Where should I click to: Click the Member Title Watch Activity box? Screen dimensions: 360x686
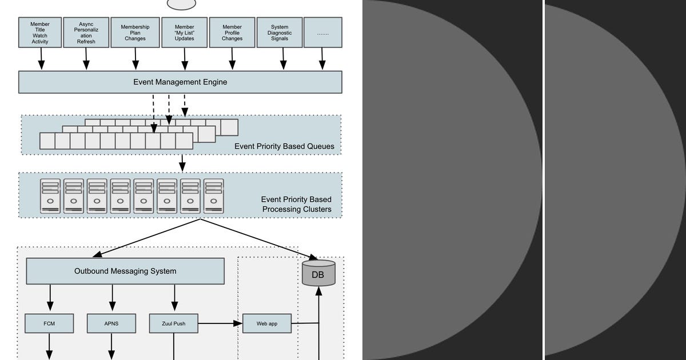coord(40,33)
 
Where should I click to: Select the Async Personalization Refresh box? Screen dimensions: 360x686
coord(86,33)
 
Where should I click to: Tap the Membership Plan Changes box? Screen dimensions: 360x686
coord(135,33)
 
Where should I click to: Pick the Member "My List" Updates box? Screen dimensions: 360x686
coord(184,33)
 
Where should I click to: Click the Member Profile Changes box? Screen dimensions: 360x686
coord(232,33)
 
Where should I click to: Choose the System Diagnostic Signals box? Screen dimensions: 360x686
coord(280,33)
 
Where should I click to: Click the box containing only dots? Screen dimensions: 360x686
coord(322,33)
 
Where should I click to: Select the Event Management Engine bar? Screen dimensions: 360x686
coord(180,82)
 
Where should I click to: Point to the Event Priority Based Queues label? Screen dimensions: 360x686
coord(284,146)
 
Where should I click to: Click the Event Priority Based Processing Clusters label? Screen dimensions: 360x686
coord(296,205)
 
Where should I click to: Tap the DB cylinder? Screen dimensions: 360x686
coord(317,273)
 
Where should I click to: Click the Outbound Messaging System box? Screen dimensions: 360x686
coord(125,271)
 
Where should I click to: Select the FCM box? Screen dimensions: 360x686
coord(49,323)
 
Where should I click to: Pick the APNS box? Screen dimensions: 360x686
coord(111,323)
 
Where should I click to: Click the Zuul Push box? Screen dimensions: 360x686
coord(174,323)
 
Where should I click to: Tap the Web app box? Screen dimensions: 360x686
coord(267,323)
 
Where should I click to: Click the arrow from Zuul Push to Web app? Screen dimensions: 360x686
coord(220,323)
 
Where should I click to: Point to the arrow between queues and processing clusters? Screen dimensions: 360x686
coord(182,162)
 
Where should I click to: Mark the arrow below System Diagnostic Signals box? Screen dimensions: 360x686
coord(284,59)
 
